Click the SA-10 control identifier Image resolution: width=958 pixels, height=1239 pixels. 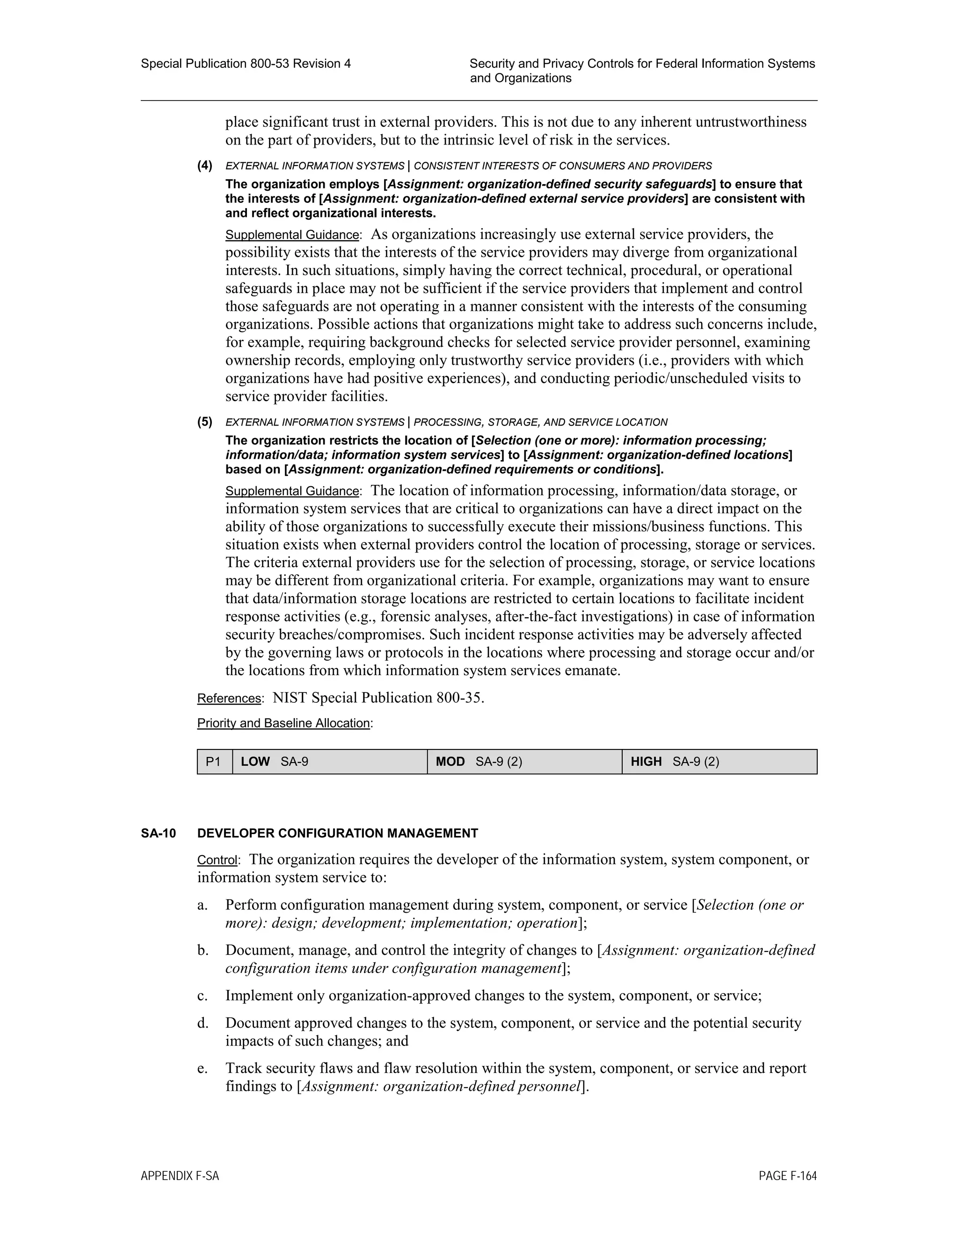pyautogui.click(x=159, y=833)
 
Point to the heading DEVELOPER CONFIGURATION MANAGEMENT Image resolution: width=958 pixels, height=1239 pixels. pyautogui.click(x=337, y=833)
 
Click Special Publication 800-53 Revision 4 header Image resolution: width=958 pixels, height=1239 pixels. pyautogui.click(x=245, y=64)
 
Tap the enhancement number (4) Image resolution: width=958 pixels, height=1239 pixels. pyautogui.click(x=205, y=166)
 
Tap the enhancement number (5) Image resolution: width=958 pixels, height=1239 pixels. pyautogui.click(x=205, y=422)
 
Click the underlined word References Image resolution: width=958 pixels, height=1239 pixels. pyautogui.click(x=229, y=699)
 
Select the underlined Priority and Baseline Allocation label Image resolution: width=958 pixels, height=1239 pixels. pyautogui.click(x=283, y=723)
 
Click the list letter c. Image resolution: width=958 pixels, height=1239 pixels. pyautogui.click(x=202, y=995)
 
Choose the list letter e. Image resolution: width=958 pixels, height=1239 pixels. pyautogui.click(x=202, y=1068)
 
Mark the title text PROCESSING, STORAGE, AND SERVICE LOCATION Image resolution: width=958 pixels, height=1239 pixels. pyautogui.click(x=540, y=422)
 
